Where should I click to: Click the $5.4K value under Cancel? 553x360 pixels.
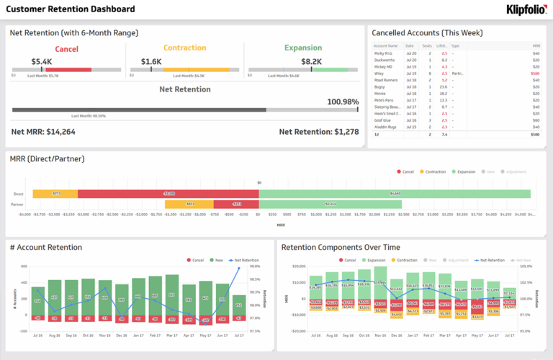(x=42, y=62)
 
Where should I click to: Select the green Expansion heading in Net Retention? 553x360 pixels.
(x=302, y=48)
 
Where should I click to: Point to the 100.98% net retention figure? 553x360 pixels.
(x=343, y=102)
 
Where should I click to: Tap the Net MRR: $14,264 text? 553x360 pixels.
(x=43, y=132)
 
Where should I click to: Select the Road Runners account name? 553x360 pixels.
(x=386, y=80)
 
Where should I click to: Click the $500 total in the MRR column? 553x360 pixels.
(x=534, y=134)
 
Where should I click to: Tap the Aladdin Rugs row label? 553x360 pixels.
(x=385, y=127)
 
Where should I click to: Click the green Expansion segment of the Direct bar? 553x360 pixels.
(x=395, y=194)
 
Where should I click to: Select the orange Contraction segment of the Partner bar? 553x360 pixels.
(x=190, y=204)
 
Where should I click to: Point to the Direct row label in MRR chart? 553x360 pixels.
(x=18, y=194)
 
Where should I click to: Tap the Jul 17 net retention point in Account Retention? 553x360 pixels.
(x=239, y=268)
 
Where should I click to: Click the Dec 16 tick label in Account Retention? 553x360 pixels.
(x=120, y=336)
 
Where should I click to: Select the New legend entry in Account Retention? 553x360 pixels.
(x=217, y=260)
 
